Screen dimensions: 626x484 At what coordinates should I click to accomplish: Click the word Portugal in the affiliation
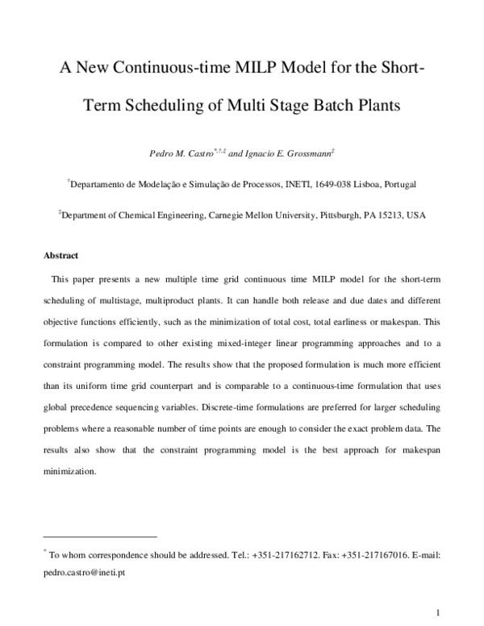pyautogui.click(x=395, y=185)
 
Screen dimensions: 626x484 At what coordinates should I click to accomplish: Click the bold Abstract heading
pyautogui.click(x=60, y=257)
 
